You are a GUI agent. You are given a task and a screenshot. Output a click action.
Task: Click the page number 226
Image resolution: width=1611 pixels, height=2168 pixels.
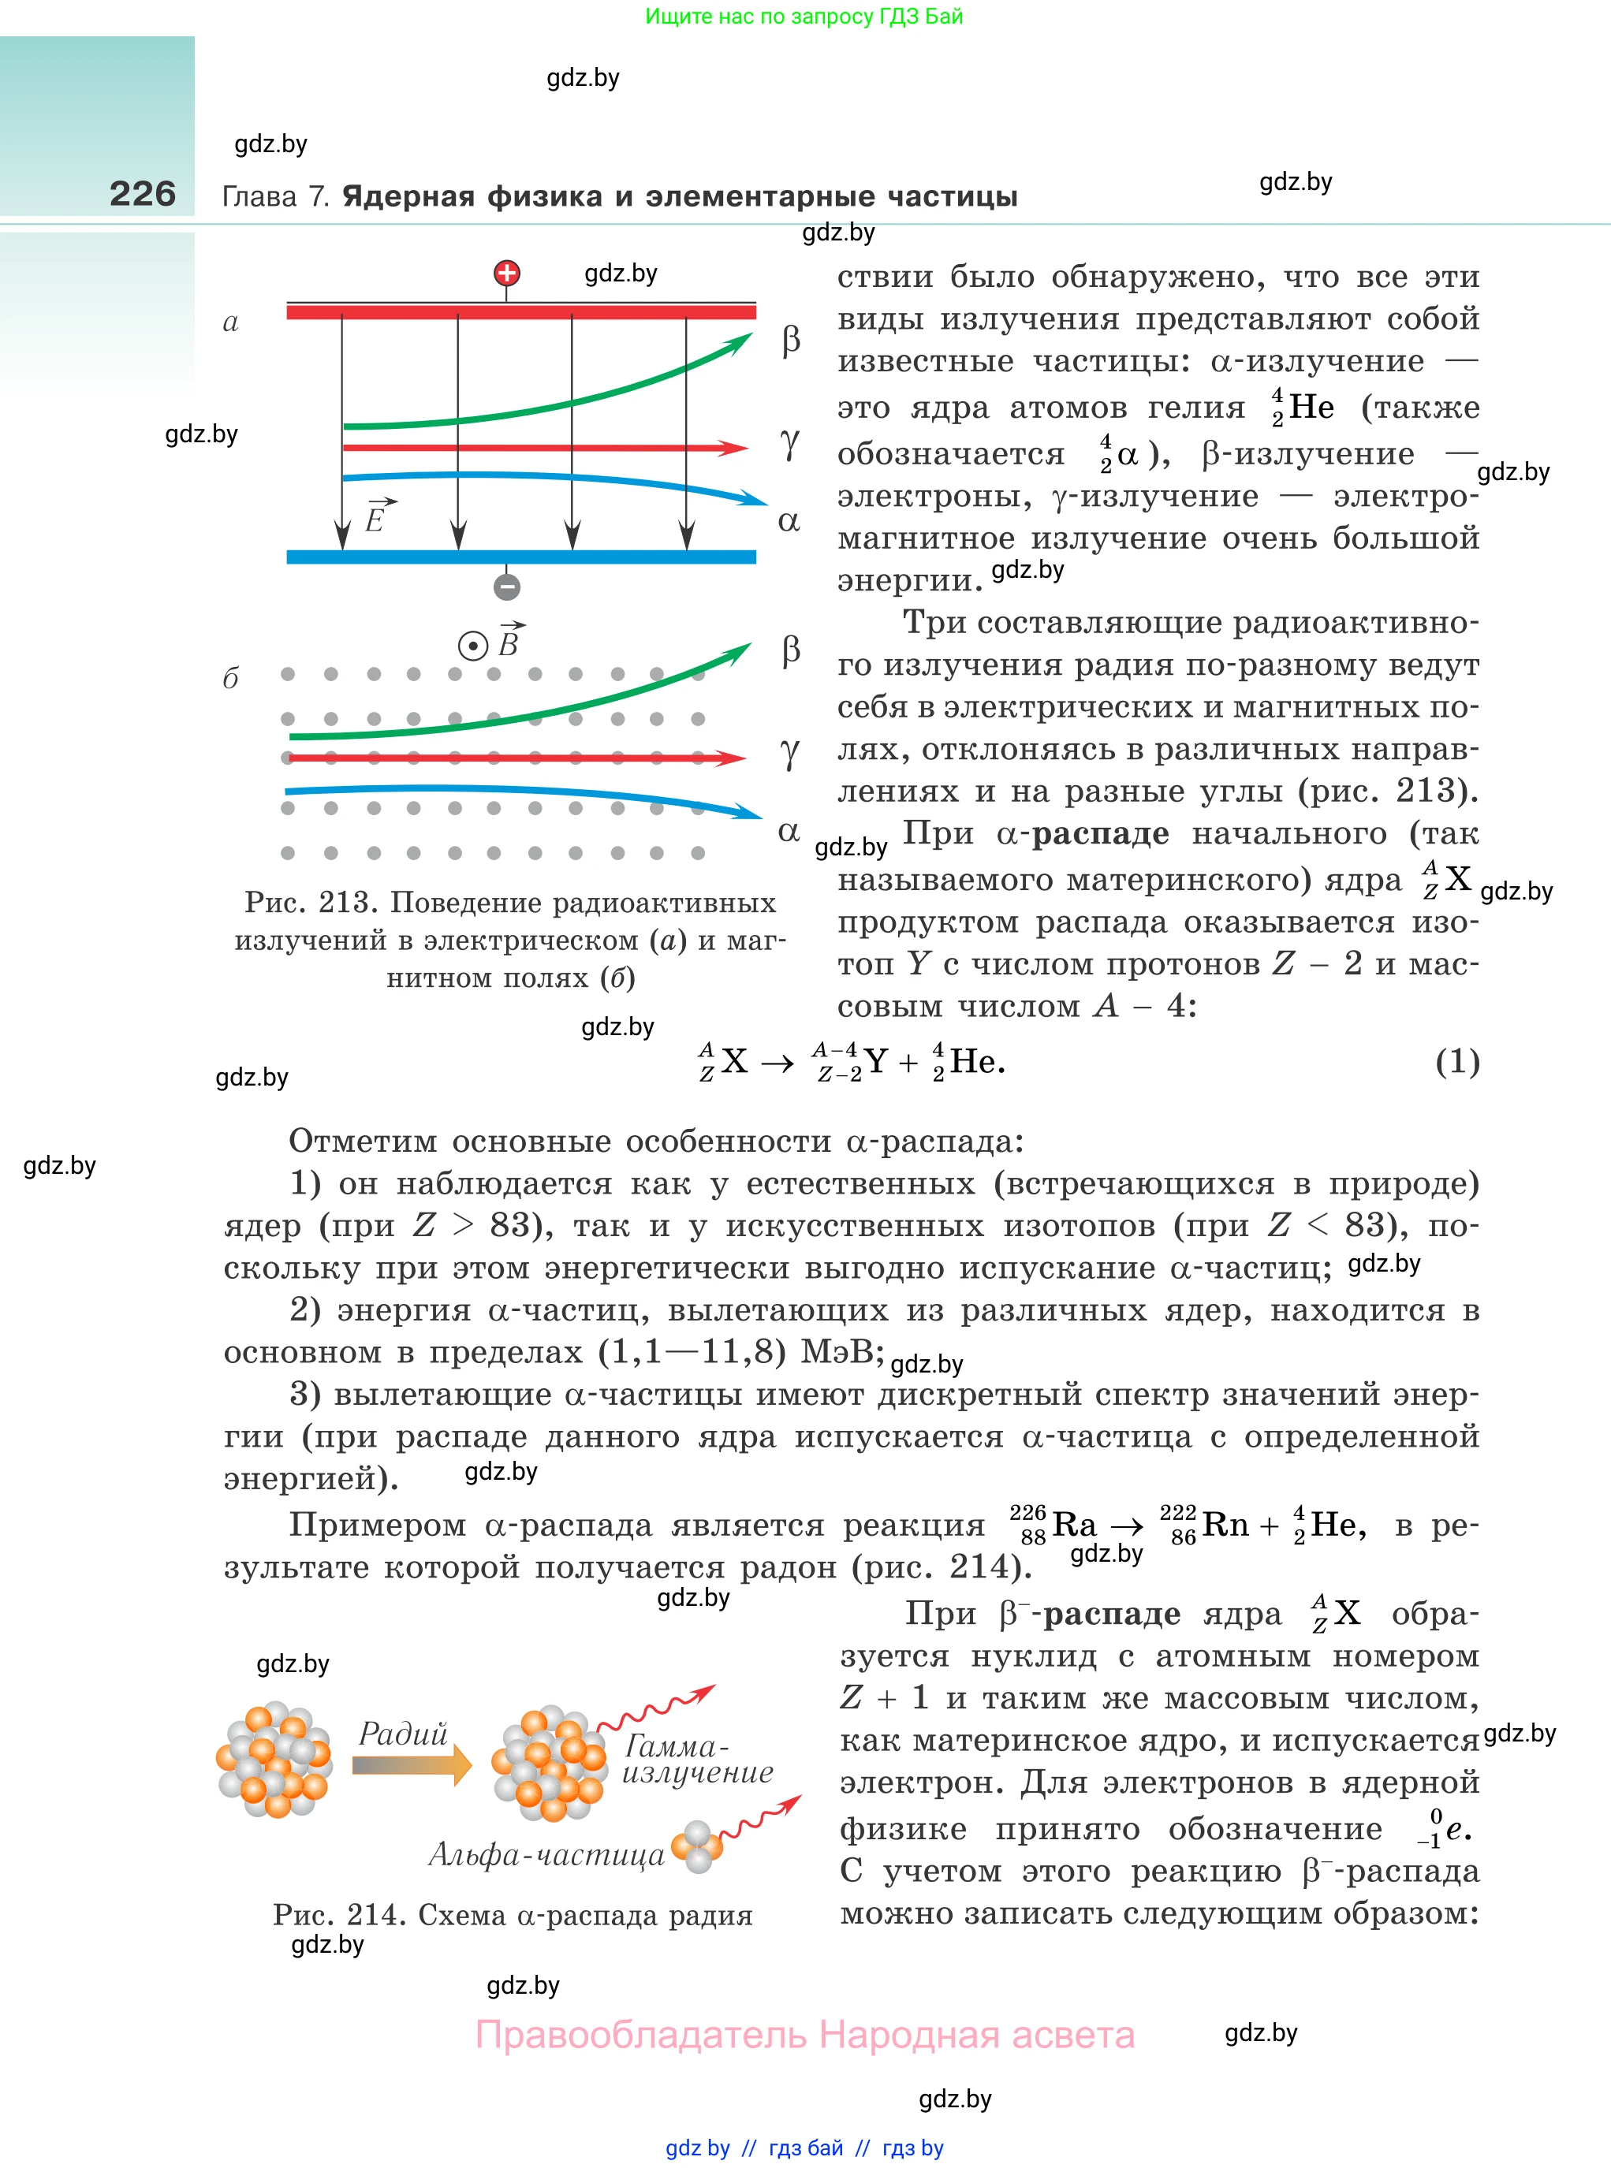point(143,193)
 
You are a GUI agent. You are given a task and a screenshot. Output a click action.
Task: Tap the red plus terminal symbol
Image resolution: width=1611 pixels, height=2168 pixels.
point(506,274)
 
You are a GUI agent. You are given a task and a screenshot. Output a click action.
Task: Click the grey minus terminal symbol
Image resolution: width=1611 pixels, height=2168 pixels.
point(506,587)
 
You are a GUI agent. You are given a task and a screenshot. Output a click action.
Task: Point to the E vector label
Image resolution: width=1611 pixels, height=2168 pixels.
point(378,516)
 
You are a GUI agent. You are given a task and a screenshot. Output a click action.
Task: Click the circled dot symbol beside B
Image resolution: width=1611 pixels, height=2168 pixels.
point(473,646)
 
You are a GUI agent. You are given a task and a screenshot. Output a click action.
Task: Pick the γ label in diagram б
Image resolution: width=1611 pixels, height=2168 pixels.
point(789,754)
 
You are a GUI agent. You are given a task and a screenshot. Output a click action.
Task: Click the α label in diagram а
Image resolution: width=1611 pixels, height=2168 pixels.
point(788,522)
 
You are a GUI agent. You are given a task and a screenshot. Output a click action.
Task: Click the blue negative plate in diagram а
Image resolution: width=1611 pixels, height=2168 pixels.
point(520,557)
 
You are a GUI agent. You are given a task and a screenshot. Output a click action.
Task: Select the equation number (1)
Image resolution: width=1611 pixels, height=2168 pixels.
point(1457,1062)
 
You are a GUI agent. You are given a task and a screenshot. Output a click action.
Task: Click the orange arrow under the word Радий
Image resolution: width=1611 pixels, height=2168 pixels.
point(411,1765)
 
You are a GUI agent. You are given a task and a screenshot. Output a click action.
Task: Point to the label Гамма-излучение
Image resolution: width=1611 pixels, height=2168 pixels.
point(696,1759)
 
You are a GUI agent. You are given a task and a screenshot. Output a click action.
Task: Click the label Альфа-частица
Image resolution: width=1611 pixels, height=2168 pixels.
point(546,1854)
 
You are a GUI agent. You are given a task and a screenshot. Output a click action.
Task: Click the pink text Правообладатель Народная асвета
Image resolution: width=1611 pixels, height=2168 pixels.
point(804,2035)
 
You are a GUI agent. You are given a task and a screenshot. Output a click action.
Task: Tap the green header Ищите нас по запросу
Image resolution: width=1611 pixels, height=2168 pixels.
point(804,17)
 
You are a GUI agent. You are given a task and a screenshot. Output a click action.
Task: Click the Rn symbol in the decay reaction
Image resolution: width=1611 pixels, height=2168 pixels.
point(1226,1524)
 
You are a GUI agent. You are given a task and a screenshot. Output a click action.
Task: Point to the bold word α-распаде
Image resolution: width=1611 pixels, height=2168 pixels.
point(1083,833)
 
